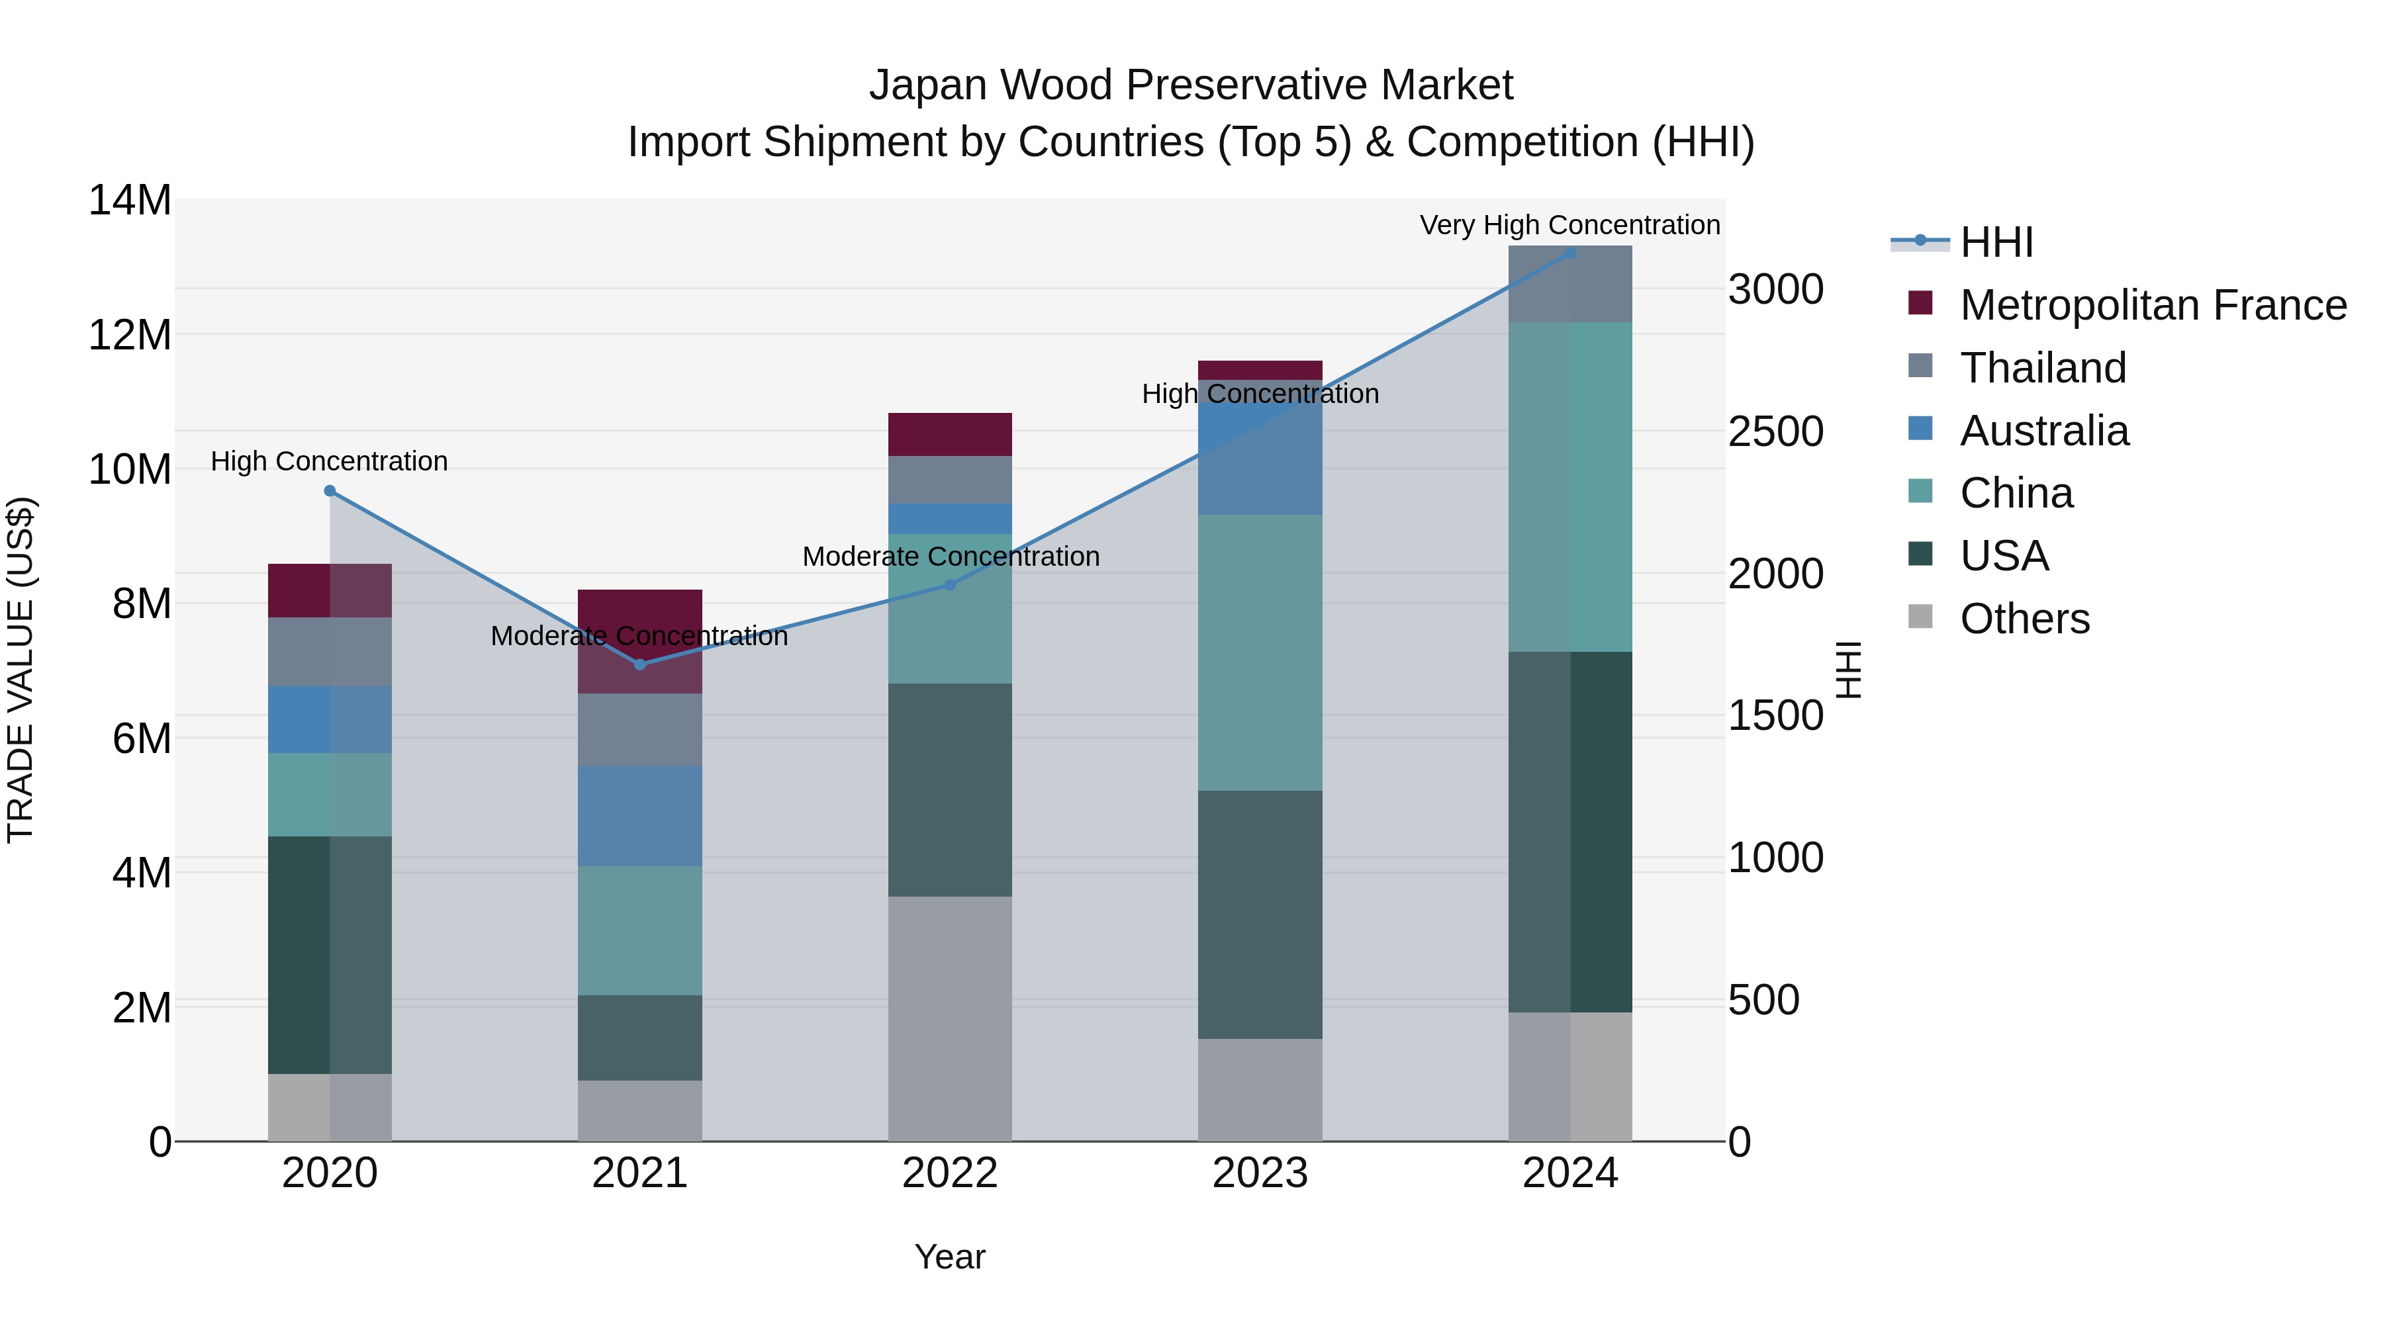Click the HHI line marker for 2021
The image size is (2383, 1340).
(639, 664)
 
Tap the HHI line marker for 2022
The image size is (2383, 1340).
(949, 584)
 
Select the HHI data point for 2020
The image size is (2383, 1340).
(330, 491)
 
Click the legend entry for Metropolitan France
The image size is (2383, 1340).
(2152, 305)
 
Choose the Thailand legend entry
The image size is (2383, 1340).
(2043, 368)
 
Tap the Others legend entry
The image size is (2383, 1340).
(2024, 619)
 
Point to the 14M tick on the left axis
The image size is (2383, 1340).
(130, 201)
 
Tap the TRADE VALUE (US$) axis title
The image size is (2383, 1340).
(21, 670)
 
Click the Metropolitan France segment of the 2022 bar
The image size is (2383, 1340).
(949, 435)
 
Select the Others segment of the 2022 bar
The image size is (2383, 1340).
(949, 1017)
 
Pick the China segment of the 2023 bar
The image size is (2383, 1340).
(1259, 652)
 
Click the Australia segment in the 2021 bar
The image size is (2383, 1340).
(639, 816)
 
